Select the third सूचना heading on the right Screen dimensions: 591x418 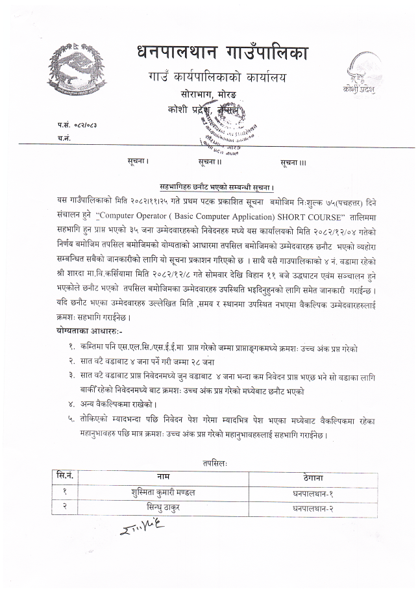coord(293,161)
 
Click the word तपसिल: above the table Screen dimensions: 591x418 coord(214,462)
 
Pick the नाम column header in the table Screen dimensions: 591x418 coord(163,477)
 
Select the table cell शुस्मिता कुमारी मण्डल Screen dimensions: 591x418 coord(163,492)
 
